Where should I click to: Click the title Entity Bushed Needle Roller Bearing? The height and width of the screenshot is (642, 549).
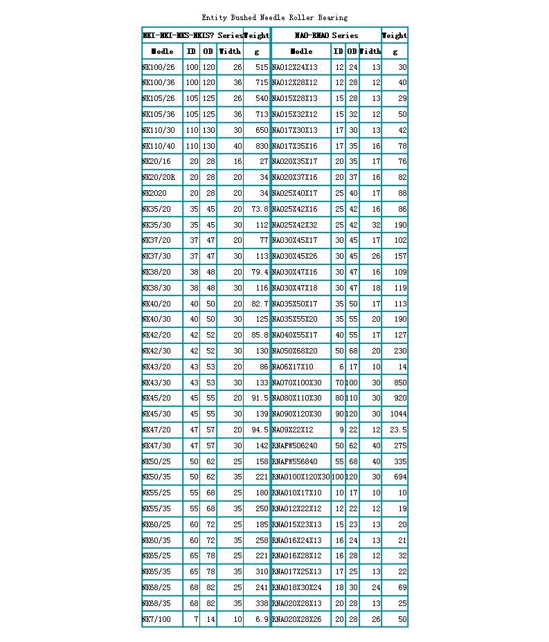[x=274, y=17]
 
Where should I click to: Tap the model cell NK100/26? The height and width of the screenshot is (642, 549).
[x=159, y=67]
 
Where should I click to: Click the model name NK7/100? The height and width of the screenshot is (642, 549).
[x=156, y=620]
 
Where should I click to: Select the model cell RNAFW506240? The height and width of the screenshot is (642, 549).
[x=294, y=446]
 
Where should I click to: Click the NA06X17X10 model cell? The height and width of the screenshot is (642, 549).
[x=292, y=367]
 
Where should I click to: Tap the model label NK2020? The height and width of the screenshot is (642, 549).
[x=154, y=194]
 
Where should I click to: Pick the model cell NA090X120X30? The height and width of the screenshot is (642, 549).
[x=296, y=414]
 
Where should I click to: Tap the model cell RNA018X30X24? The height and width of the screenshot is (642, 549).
[x=296, y=588]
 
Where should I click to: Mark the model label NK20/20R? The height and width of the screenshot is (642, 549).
[x=159, y=178]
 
